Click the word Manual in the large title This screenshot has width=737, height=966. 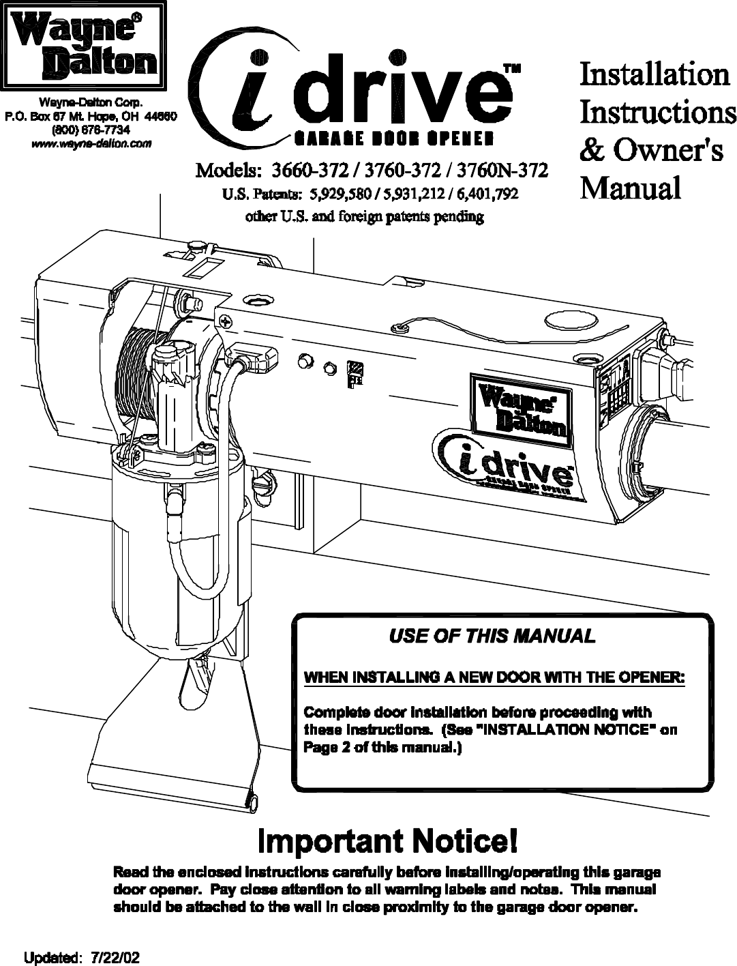(630, 188)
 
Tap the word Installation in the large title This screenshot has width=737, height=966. (654, 74)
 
